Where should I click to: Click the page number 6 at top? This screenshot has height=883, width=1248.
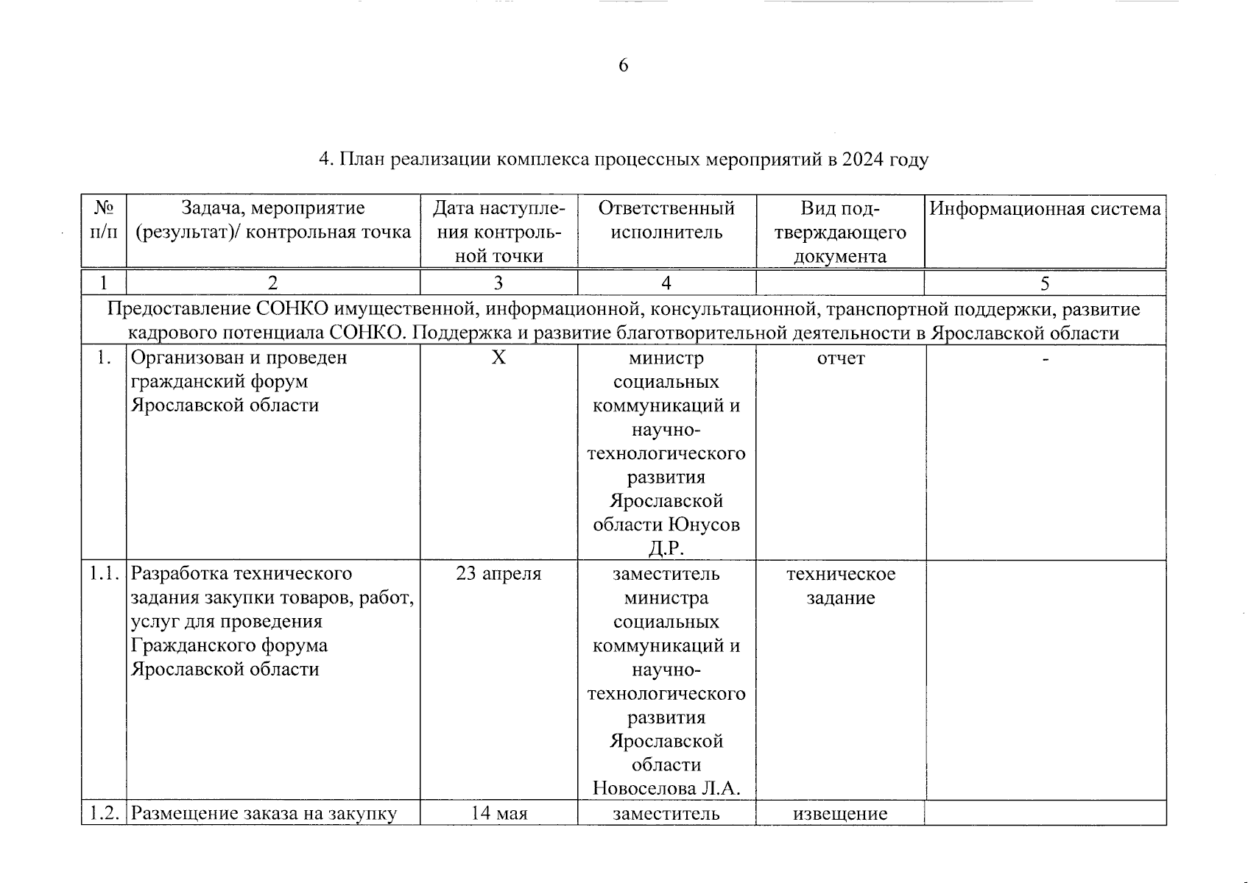[623, 65]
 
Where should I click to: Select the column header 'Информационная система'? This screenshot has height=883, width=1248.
[1045, 209]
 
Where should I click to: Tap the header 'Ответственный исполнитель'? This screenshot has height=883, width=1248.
[666, 220]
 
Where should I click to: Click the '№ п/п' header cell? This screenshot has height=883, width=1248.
[104, 220]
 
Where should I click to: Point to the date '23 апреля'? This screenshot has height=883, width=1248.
[498, 574]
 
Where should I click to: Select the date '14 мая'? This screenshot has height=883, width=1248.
[498, 814]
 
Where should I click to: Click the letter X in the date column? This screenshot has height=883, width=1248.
[498, 358]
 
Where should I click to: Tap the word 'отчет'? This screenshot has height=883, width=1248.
[841, 358]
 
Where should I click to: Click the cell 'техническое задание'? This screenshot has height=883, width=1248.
[841, 586]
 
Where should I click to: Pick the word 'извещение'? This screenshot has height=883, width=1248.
[841, 814]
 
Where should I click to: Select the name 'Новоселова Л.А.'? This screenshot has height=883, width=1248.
[666, 789]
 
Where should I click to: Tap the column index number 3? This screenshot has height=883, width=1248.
[498, 283]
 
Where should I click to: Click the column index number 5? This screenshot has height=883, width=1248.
[1045, 283]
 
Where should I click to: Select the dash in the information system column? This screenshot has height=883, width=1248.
[1045, 358]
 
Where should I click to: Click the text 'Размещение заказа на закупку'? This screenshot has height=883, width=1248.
[264, 814]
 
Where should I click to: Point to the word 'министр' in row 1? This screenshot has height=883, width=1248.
[666, 358]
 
